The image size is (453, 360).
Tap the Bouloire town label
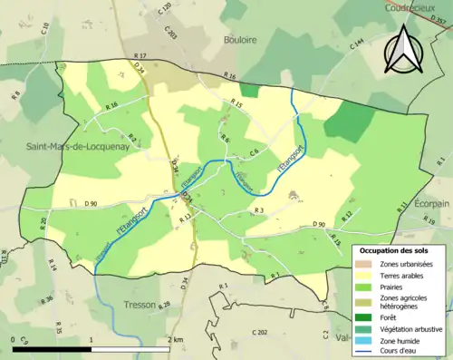pos(239,41)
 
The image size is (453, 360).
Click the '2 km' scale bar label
pos(176,340)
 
